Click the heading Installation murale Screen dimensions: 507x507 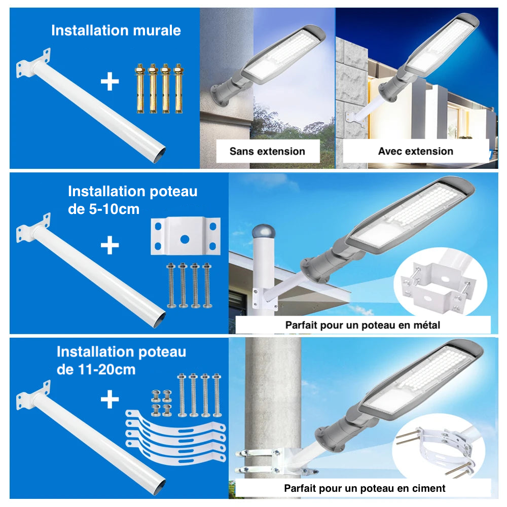(x=116, y=30)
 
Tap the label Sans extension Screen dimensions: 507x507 (x=267, y=151)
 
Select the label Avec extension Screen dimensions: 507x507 (x=415, y=151)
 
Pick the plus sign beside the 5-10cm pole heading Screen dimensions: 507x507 (x=110, y=246)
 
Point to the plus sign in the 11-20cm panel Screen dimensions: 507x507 (x=110, y=400)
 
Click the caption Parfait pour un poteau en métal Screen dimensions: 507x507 (x=363, y=325)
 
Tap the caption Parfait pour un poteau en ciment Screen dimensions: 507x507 (x=365, y=488)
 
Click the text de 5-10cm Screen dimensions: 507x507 (x=103, y=208)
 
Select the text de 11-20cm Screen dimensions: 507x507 (x=96, y=369)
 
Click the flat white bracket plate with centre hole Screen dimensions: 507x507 (x=186, y=236)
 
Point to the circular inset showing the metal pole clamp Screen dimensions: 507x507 (x=440, y=289)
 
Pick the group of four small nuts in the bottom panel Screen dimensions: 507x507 (x=162, y=403)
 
